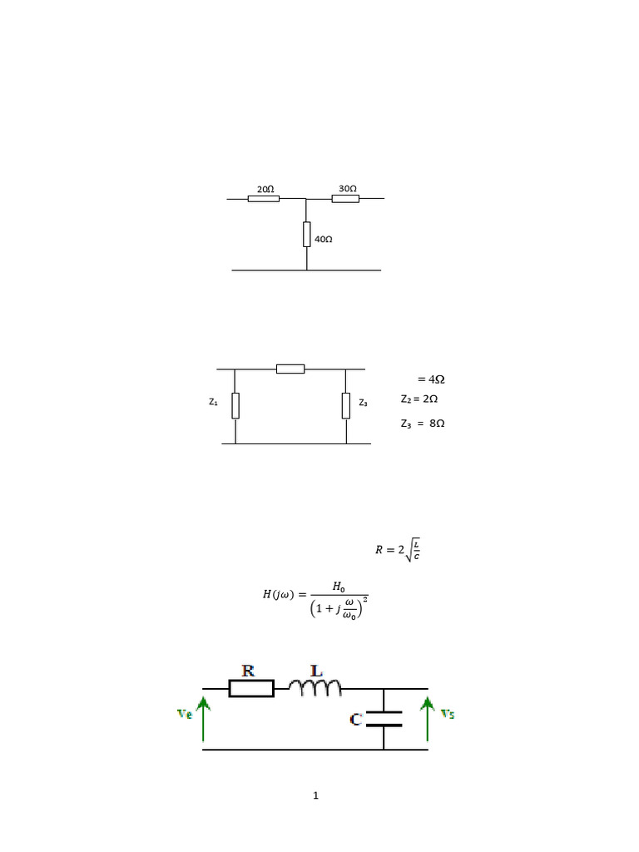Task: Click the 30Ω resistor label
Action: click(x=348, y=189)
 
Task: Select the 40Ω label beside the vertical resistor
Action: click(x=324, y=239)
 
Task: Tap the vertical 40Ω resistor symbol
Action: click(x=307, y=235)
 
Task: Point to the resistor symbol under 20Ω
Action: click(x=264, y=199)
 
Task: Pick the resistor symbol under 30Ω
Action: click(x=345, y=199)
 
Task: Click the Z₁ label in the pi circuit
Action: click(x=214, y=402)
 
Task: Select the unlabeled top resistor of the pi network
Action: click(x=290, y=369)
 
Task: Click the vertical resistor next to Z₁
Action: click(x=235, y=405)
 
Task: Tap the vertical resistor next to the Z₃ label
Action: click(x=345, y=405)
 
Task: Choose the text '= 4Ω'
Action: click(x=430, y=379)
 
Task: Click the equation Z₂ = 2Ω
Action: click(x=419, y=399)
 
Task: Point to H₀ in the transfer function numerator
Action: click(x=339, y=587)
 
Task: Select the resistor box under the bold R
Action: click(x=251, y=688)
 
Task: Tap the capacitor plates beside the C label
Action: click(x=384, y=719)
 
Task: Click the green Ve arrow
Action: click(x=204, y=719)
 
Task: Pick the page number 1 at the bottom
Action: click(x=316, y=796)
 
